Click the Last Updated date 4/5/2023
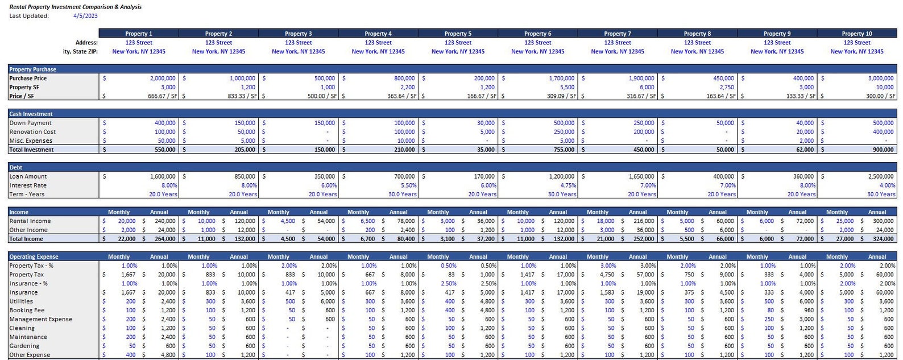(x=85, y=16)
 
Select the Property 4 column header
(x=378, y=34)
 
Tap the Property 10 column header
(x=856, y=34)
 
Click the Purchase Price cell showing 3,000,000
(x=881, y=78)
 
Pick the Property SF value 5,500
(x=567, y=87)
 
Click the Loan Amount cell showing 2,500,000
(x=881, y=176)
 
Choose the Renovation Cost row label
(x=32, y=132)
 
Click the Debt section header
(x=16, y=167)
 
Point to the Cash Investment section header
(x=31, y=114)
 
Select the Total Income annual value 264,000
(x=165, y=239)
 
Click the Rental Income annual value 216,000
(x=644, y=221)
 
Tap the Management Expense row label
(x=41, y=319)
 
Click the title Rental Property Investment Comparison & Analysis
(x=76, y=7)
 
